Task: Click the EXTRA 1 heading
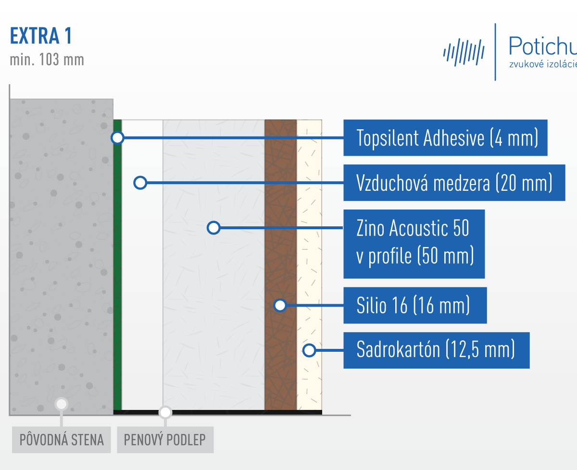(x=41, y=36)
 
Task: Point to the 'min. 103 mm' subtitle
(x=47, y=60)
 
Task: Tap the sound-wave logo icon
(x=464, y=52)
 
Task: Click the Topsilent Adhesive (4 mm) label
(x=445, y=138)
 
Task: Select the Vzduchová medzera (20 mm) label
(x=454, y=183)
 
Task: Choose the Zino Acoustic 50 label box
(x=414, y=244)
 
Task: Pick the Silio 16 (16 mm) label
(x=415, y=305)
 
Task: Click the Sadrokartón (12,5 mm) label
(x=437, y=350)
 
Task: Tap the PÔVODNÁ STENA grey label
(x=62, y=440)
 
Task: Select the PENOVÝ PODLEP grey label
(x=165, y=440)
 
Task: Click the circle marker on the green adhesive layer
(x=118, y=138)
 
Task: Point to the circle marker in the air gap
(x=140, y=183)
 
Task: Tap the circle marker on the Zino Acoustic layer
(x=213, y=228)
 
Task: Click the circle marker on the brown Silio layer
(x=280, y=305)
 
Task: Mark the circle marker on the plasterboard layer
(x=309, y=350)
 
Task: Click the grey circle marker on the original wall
(x=62, y=404)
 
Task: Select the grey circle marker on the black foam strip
(x=165, y=413)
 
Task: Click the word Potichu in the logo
(x=542, y=46)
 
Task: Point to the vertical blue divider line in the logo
(x=495, y=52)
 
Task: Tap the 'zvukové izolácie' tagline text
(x=543, y=64)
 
